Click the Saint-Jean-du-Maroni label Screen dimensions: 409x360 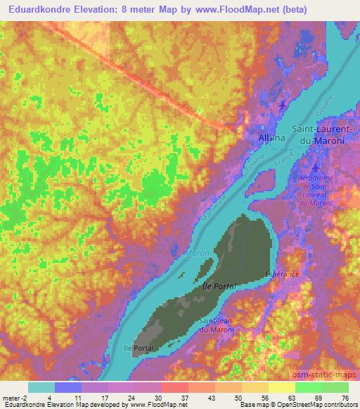click(223, 325)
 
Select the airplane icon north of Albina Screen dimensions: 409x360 click(283, 105)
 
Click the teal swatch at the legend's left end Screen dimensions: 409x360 click(41, 387)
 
